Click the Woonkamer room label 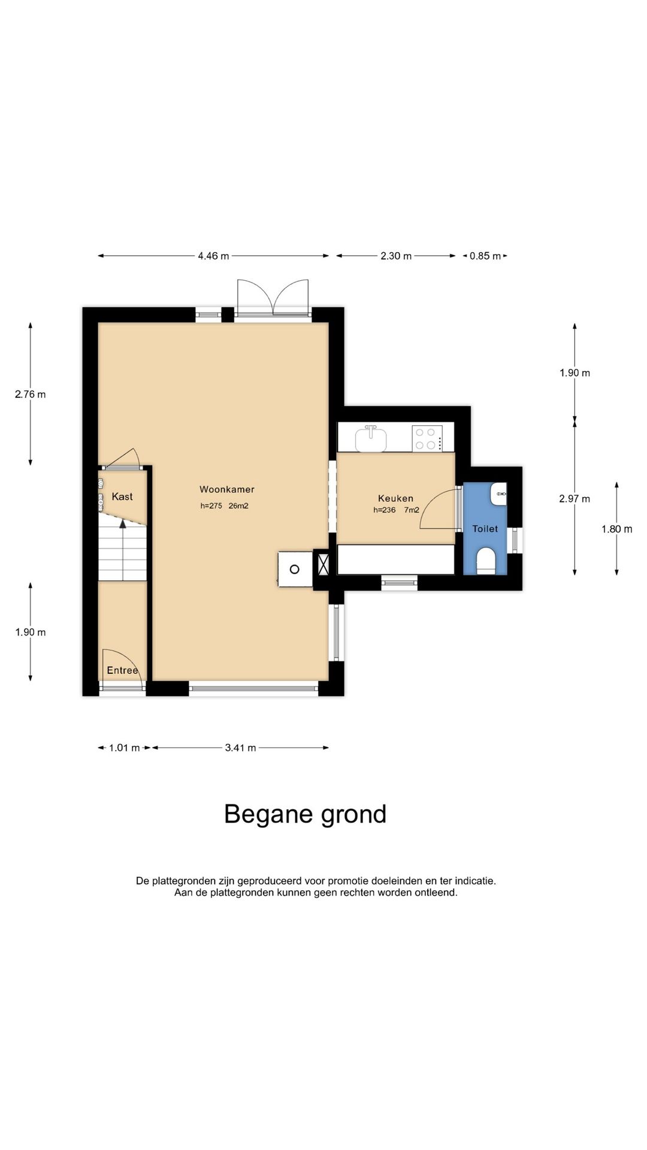227,489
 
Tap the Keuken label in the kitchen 395,498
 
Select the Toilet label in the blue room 485,529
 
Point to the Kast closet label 122,497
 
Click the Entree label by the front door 122,670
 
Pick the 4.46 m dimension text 214,256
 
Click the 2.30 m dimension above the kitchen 396,256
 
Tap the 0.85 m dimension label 485,256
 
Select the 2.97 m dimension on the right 575,499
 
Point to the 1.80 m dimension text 617,529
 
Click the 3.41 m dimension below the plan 241,748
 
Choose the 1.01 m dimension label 125,748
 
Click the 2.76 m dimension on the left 31,394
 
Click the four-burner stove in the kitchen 428,438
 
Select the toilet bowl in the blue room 485,561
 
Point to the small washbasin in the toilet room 498,494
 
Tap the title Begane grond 306,815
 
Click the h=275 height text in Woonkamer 211,506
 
